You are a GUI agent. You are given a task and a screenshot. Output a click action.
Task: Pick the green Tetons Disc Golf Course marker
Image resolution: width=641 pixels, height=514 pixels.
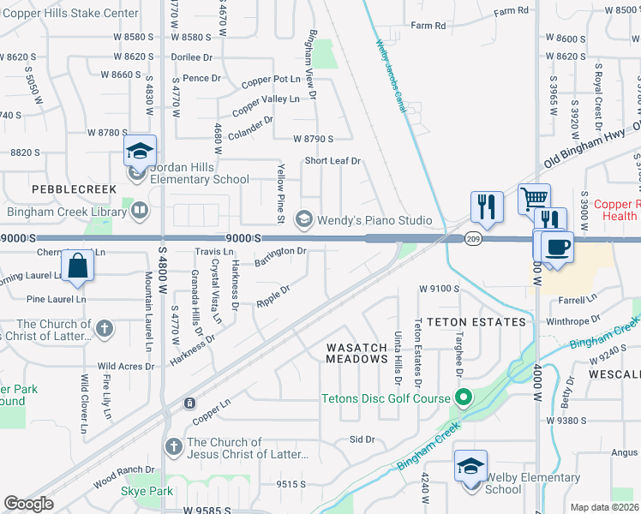point(464,398)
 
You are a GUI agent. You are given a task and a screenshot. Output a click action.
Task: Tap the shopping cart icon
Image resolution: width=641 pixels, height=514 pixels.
point(535,199)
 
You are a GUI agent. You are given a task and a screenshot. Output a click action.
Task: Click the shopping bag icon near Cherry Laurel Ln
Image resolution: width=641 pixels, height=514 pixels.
point(78,267)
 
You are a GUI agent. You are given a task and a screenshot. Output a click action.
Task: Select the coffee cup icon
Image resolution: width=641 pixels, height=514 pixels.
point(557,248)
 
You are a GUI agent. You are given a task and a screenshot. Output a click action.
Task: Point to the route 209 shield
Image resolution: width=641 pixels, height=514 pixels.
point(472,239)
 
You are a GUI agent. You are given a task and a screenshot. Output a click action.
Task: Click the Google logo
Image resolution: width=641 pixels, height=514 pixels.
point(29,504)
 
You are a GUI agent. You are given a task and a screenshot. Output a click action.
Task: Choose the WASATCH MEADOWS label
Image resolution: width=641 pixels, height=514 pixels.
point(357,353)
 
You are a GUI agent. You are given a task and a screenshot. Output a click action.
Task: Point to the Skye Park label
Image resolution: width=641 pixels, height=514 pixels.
point(147,491)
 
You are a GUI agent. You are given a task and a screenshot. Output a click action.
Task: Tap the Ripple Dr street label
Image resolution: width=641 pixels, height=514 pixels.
point(273,296)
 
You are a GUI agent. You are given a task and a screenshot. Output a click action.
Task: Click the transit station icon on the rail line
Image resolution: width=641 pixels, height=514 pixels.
point(189,403)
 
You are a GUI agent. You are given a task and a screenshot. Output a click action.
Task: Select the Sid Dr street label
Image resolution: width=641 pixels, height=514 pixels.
point(363,439)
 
